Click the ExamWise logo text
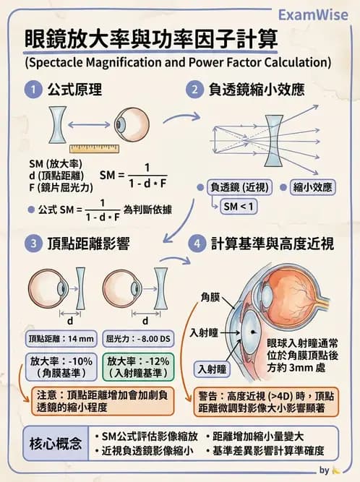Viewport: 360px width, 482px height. tap(313, 14)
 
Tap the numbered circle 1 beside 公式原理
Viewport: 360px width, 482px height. tap(33, 90)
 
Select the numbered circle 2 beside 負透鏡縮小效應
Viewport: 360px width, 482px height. tap(194, 90)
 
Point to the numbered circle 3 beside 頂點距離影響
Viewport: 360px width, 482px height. tap(33, 244)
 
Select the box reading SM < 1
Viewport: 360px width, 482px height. tap(239, 207)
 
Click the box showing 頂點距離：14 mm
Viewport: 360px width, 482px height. tap(61, 338)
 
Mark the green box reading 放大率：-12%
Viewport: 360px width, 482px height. tap(140, 366)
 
